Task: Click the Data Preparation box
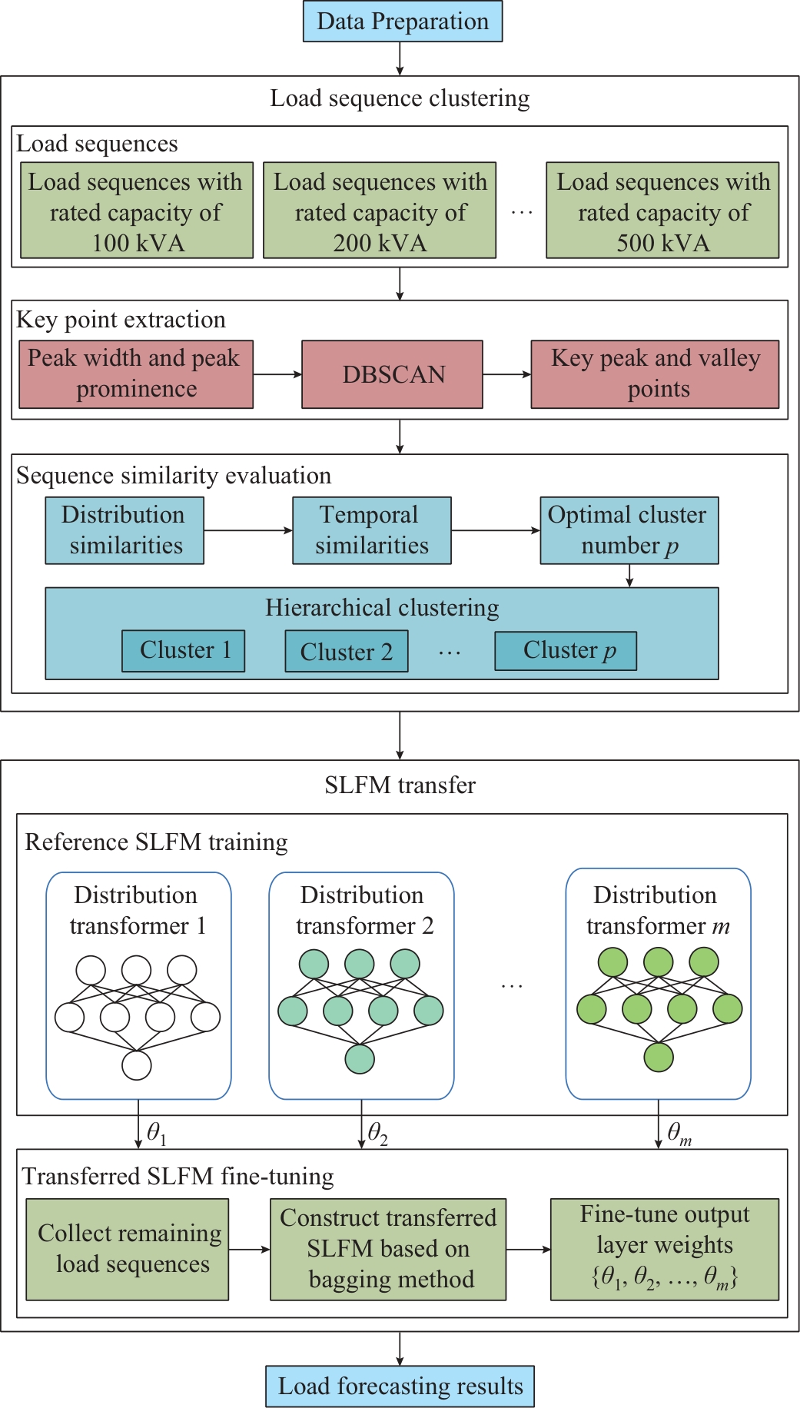(x=403, y=22)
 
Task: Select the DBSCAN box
(x=393, y=374)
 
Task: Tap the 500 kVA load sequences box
(x=662, y=211)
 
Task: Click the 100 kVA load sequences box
(x=137, y=211)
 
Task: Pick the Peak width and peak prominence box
(x=136, y=374)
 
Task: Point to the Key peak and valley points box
(x=655, y=374)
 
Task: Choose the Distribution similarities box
(x=124, y=530)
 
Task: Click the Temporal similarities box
(x=372, y=530)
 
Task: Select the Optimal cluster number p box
(x=629, y=530)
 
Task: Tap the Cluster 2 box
(x=347, y=652)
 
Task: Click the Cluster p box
(x=566, y=651)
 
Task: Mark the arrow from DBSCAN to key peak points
(x=506, y=374)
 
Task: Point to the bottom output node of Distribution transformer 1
(x=137, y=1065)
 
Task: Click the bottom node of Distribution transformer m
(x=659, y=1057)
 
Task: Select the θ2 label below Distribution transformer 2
(x=377, y=1133)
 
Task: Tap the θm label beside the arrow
(x=679, y=1133)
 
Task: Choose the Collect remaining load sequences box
(x=128, y=1249)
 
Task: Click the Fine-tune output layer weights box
(x=665, y=1249)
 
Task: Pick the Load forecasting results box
(x=400, y=1386)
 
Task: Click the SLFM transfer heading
(x=400, y=785)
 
